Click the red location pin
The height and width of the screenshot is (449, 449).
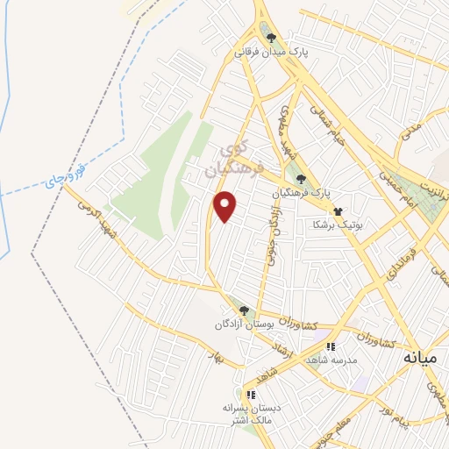tap(226, 205)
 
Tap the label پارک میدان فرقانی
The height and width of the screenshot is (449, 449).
tap(271, 52)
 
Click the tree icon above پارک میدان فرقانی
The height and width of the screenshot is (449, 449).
tap(271, 38)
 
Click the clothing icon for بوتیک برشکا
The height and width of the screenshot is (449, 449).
tap(338, 210)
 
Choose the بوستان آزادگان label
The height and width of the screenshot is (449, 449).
tap(244, 325)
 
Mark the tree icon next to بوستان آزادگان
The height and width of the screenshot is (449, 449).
tap(244, 310)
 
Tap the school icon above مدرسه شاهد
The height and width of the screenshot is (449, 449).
tap(331, 347)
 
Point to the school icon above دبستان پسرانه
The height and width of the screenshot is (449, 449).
tap(252, 395)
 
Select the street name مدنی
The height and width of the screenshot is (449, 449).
tap(411, 135)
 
